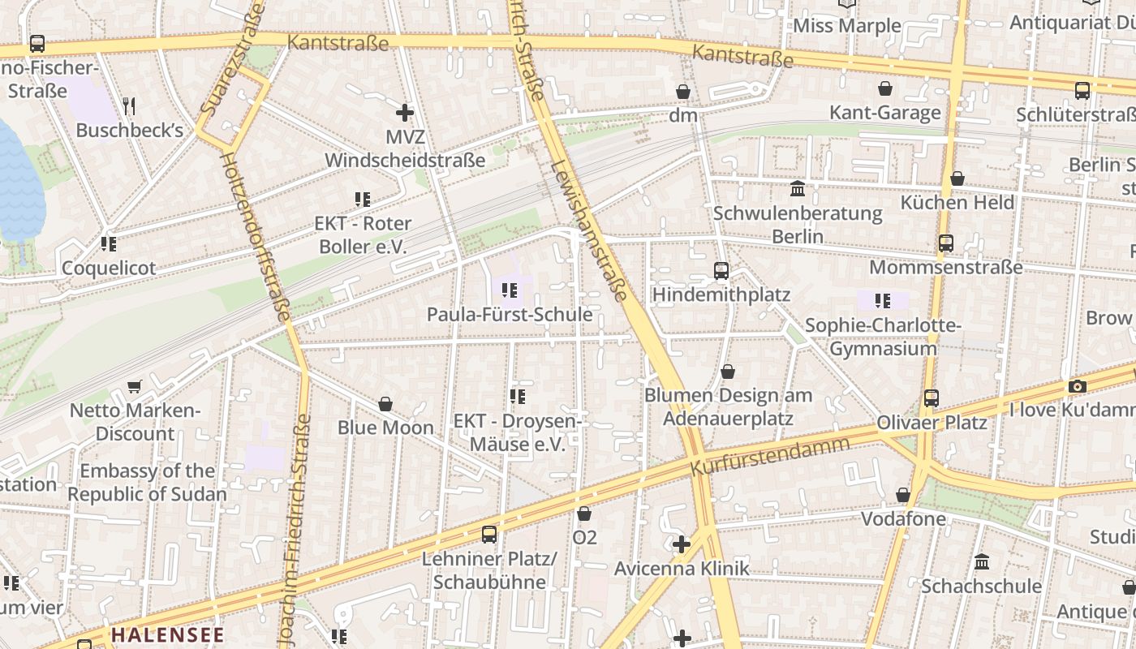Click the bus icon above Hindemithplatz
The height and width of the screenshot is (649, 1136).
point(721,270)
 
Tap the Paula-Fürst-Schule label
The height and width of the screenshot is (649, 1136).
point(510,314)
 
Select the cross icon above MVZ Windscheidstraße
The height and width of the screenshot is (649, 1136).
point(404,113)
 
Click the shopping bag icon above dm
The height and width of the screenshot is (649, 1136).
point(683,92)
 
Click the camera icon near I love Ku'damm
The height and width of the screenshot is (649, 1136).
point(1077,387)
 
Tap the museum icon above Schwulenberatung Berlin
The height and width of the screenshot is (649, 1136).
point(798,189)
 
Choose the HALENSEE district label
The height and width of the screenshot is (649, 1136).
point(167,634)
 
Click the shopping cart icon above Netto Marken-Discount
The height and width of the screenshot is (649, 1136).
point(135,387)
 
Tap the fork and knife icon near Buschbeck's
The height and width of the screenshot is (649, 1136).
point(128,105)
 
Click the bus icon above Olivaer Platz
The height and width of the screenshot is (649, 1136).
point(932,398)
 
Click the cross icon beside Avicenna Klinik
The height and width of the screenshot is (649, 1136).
point(682,544)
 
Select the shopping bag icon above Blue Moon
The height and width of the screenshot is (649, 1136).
point(385,403)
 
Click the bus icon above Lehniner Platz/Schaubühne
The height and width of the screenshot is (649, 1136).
point(488,534)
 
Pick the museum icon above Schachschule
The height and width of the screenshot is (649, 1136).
point(982,561)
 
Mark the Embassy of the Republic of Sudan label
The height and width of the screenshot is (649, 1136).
point(147,482)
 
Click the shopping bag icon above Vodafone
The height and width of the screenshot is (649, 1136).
point(903,495)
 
